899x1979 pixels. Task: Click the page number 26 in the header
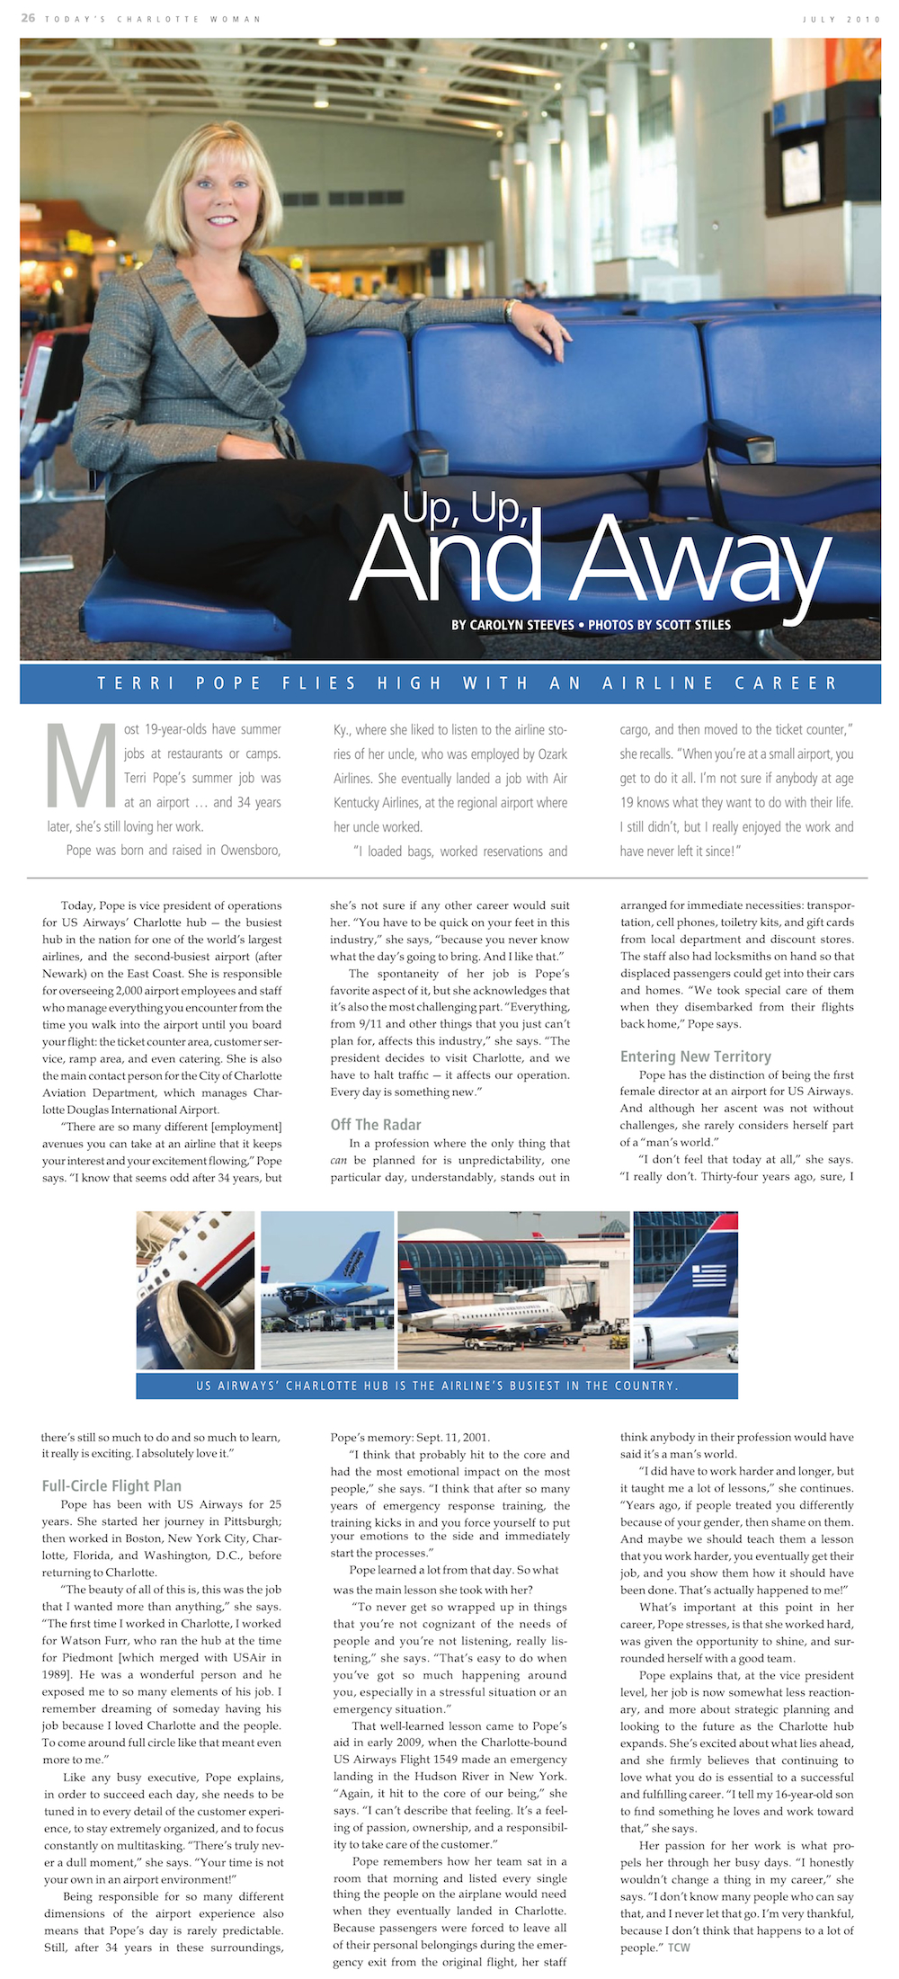click(x=28, y=18)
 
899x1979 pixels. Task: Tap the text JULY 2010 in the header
click(x=841, y=19)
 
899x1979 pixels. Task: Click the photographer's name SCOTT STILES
click(x=693, y=625)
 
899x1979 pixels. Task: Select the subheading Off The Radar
click(x=376, y=1124)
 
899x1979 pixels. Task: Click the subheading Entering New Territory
click(x=695, y=1056)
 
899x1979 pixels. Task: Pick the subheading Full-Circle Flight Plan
click(x=111, y=1486)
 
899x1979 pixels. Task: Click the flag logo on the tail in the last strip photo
click(x=710, y=1274)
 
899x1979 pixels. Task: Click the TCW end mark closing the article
click(x=679, y=1947)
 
